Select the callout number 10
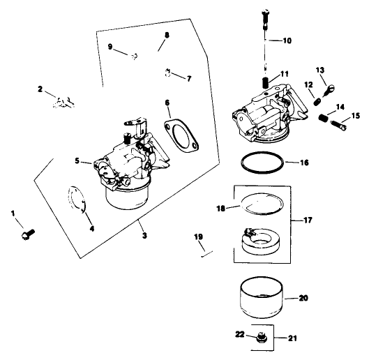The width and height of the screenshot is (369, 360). click(287, 40)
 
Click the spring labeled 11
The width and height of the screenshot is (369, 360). click(265, 83)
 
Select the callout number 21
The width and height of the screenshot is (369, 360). click(292, 339)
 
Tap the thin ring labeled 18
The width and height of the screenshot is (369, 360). click(259, 204)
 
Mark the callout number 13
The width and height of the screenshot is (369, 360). click(321, 70)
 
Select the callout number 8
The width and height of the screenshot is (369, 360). click(166, 34)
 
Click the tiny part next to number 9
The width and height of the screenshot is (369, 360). click(136, 54)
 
